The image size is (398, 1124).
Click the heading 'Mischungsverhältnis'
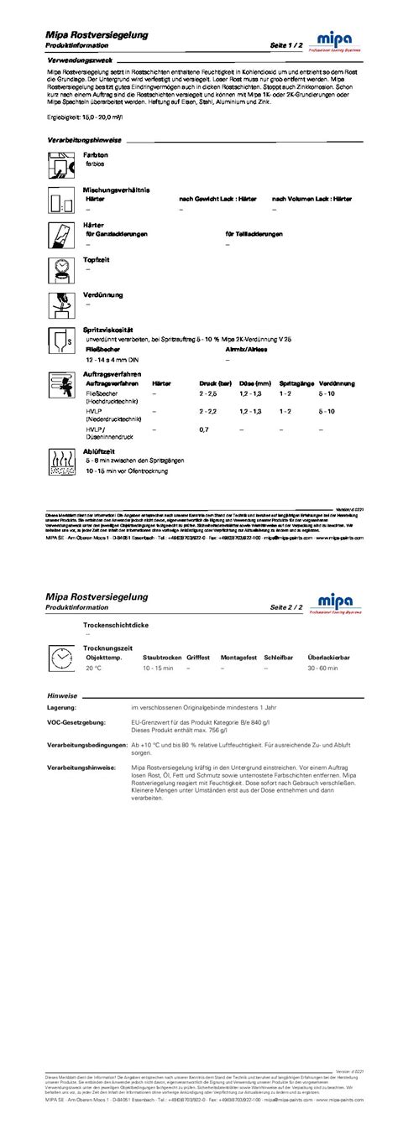click(116, 190)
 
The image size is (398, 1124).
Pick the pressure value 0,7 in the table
click(204, 429)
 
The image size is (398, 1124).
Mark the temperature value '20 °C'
click(93, 669)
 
